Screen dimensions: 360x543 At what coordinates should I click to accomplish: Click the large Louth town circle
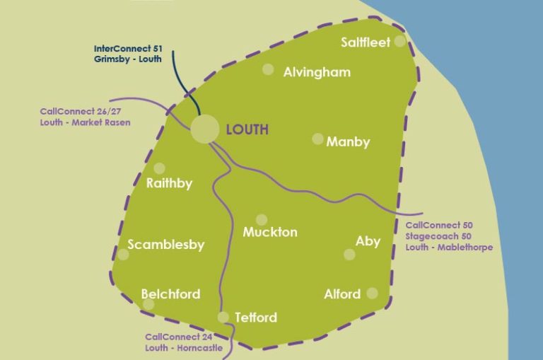coord(205,130)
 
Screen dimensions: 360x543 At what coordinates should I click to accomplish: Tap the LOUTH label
coord(247,129)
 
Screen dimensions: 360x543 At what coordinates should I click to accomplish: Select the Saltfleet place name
coord(365,42)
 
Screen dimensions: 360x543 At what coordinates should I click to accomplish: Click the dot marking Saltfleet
coord(400,41)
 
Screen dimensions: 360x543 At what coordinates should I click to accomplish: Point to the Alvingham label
coord(317,72)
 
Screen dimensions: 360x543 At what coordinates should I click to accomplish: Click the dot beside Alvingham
coord(268,69)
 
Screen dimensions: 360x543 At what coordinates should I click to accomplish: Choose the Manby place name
coord(348,142)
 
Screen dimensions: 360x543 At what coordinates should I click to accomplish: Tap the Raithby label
coord(169,184)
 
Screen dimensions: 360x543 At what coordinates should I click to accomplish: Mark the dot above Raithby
coord(159,168)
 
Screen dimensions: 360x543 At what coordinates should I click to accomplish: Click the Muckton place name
coord(270,232)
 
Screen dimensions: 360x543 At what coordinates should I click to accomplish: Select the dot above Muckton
coord(262,219)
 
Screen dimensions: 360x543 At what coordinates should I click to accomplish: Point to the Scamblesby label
coord(166,245)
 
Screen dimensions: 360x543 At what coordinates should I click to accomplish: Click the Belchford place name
coord(170,294)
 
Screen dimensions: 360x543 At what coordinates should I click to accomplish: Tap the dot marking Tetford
coord(223,317)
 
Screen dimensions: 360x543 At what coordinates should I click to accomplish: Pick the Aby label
coord(368,241)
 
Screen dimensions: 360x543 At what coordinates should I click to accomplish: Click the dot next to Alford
coord(372,293)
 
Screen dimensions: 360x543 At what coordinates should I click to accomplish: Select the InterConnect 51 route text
coord(128,49)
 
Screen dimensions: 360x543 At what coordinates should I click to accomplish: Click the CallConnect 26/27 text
coord(74,112)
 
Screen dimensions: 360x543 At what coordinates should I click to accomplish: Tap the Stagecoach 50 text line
coord(438,236)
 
